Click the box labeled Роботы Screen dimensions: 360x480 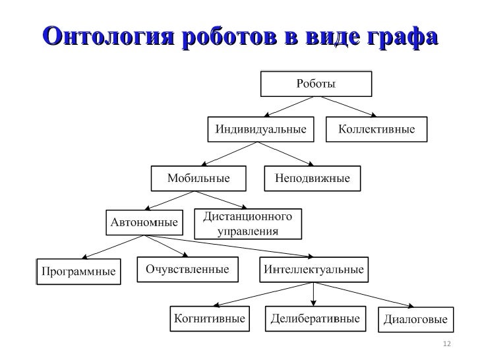click(x=316, y=84)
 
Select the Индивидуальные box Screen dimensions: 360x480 click(x=261, y=129)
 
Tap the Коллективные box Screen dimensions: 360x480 click(x=376, y=129)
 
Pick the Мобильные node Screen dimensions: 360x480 click(x=198, y=178)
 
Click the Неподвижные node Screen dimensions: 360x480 click(x=307, y=178)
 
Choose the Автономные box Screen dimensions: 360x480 click(x=143, y=222)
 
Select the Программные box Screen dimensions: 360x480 click(x=78, y=271)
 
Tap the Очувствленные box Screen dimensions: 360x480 click(x=187, y=269)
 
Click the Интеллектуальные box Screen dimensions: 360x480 click(x=314, y=270)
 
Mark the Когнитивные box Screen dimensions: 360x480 click(x=209, y=319)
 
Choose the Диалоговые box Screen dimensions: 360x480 click(x=415, y=320)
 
